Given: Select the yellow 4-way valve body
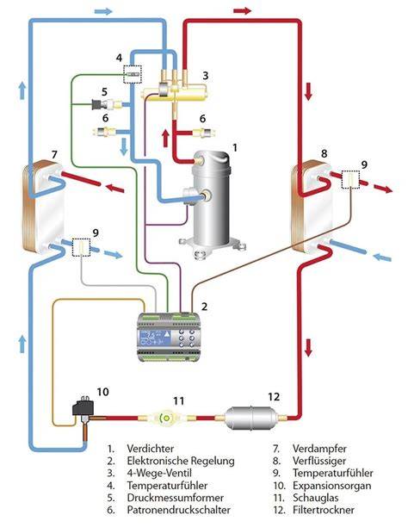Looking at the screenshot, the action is pyautogui.click(x=174, y=92).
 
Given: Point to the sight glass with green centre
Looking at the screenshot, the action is pyautogui.click(x=166, y=418).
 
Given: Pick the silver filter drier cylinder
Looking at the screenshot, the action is pyautogui.click(x=251, y=418).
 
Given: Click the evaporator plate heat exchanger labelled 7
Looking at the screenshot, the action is pyautogui.click(x=42, y=207).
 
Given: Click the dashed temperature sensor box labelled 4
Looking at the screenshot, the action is pyautogui.click(x=133, y=74).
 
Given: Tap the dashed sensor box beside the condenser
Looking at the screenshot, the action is pyautogui.click(x=350, y=179).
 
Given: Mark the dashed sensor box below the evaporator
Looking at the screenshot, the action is pyautogui.click(x=82, y=248).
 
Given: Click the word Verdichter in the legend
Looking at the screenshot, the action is pyautogui.click(x=151, y=449).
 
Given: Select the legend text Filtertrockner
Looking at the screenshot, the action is pyautogui.click(x=324, y=510).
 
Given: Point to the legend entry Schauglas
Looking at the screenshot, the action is pyautogui.click(x=315, y=498).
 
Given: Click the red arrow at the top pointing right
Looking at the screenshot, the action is pyautogui.click(x=243, y=10).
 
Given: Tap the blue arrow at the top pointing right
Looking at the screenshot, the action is pyautogui.click(x=103, y=11).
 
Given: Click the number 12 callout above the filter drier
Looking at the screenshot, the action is pyautogui.click(x=274, y=397).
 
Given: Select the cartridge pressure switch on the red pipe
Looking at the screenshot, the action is pyautogui.click(x=203, y=133).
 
